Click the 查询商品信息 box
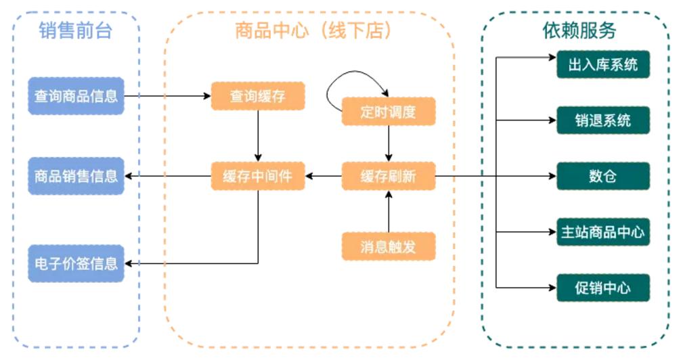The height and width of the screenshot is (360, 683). click(76, 96)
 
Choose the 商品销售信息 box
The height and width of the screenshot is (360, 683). click(76, 176)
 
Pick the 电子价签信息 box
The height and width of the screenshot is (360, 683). click(76, 263)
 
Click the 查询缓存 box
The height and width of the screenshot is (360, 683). click(258, 96)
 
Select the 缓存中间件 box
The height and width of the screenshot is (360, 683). click(258, 177)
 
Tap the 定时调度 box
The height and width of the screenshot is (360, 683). click(388, 112)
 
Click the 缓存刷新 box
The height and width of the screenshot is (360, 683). click(388, 177)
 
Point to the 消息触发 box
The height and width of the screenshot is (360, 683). click(388, 246)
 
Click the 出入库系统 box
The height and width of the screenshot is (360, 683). click(602, 65)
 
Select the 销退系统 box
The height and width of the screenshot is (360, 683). click(602, 120)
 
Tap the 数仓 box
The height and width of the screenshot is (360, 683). click(602, 177)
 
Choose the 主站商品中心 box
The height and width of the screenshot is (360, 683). click(602, 232)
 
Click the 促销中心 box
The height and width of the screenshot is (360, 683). click(602, 288)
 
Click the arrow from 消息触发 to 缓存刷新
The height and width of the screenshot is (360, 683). click(389, 212)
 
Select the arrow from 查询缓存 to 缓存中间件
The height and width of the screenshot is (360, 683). click(258, 136)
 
